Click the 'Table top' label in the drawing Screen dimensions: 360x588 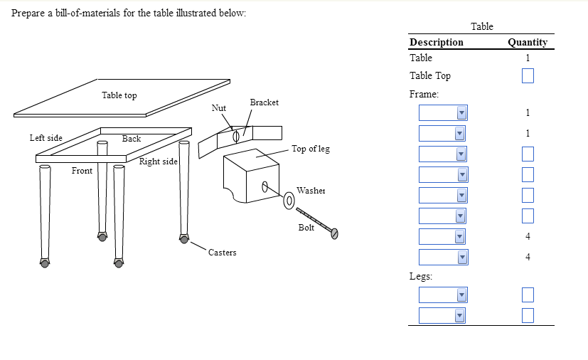119,95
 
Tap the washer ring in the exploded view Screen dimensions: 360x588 289,201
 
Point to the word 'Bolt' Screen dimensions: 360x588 306,228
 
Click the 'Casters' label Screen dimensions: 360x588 223,253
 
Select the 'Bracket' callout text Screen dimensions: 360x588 264,102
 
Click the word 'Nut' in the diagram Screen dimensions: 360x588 219,108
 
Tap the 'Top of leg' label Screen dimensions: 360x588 311,149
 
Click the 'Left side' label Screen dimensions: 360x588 46,137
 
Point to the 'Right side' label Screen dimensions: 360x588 158,162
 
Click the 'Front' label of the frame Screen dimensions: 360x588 82,171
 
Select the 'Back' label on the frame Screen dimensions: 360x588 132,139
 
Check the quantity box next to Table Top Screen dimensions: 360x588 528,75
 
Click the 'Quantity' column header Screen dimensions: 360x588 528,42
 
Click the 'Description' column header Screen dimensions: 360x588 437,42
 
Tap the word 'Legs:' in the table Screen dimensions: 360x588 422,276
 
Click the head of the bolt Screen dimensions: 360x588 333,232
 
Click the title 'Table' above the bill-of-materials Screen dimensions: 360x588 482,26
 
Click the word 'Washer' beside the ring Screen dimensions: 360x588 311,191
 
